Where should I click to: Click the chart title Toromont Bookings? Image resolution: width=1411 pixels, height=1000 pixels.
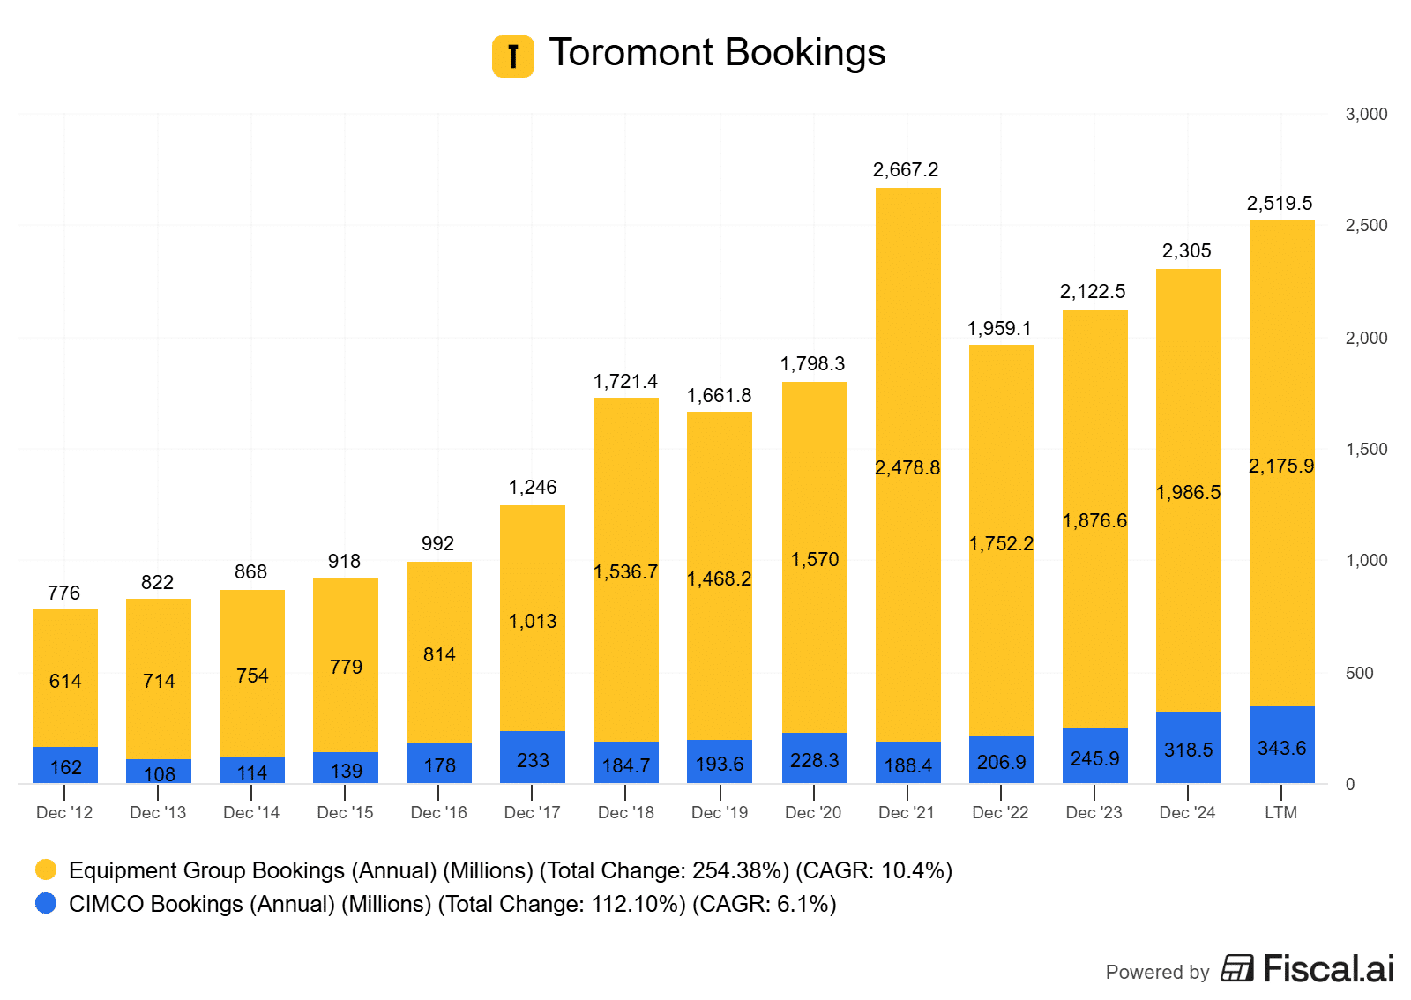pos(717,53)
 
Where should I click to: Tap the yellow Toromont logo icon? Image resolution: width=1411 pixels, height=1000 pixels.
pos(512,56)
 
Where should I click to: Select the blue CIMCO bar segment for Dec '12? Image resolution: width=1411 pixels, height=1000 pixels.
pos(65,765)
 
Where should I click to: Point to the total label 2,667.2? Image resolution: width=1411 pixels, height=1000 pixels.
pos(906,169)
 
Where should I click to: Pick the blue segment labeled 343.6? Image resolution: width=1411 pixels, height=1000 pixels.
pos(1281,745)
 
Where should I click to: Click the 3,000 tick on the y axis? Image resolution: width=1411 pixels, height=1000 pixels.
pos(1366,114)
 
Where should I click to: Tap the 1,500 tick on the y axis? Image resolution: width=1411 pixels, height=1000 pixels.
pos(1366,449)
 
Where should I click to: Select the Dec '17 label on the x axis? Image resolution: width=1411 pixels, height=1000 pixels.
pos(532,812)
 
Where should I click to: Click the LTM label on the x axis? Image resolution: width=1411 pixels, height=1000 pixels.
pos(1280,812)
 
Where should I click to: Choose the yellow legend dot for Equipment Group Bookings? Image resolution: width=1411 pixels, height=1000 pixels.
pos(46,869)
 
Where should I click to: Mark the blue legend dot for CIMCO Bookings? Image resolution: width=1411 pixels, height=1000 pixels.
pos(46,903)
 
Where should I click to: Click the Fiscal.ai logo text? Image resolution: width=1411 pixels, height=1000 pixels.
pos(1328,968)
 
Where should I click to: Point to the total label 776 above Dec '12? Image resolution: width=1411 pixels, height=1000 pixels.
pos(64,593)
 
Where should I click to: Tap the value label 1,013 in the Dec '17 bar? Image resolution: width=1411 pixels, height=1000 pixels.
pos(533,621)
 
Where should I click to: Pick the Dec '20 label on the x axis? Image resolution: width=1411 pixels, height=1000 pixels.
pos(813,812)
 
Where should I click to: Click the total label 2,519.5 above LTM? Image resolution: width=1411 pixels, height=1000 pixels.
pos(1280,203)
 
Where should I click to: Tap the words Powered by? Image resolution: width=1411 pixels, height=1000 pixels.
pos(1157,972)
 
